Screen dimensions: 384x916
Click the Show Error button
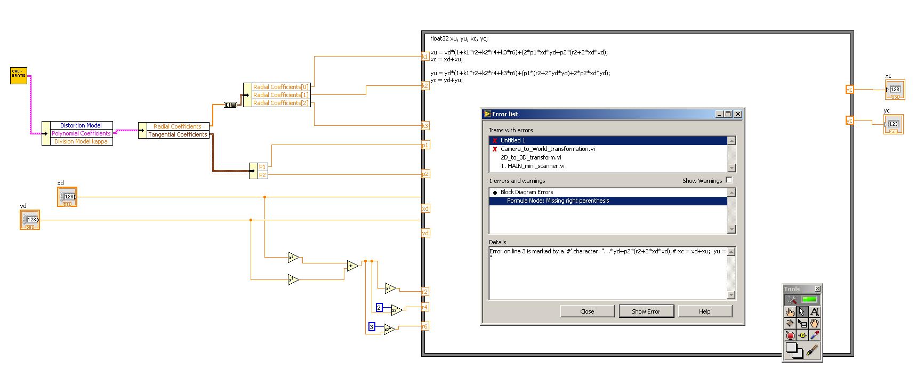646,311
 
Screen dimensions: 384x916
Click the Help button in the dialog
704,311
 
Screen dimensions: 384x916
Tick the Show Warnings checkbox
729,180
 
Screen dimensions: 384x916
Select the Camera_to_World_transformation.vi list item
547,149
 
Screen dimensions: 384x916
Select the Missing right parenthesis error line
557,201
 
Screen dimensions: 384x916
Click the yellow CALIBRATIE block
19,76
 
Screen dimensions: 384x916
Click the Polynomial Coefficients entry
81,133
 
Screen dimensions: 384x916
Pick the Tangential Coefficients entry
178,134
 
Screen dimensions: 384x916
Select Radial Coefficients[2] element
280,103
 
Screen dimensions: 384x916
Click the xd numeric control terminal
68,197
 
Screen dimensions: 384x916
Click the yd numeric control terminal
30,220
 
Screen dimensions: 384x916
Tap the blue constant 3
372,327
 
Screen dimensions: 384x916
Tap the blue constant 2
379,308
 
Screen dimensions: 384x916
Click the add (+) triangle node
351,266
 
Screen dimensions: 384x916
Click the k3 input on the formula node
425,126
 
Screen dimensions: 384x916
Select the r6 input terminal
425,326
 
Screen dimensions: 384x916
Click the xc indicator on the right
894,90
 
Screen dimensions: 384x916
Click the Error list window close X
738,114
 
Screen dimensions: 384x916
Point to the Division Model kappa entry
81,141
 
